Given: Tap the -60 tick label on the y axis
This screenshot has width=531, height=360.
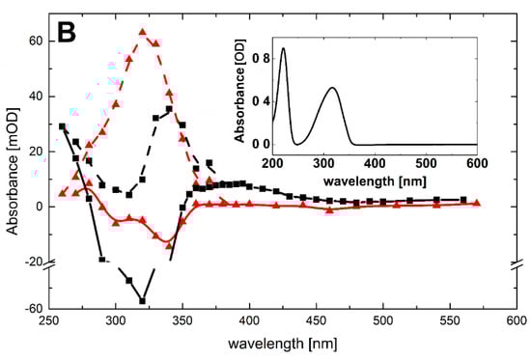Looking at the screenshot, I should coord(32,309).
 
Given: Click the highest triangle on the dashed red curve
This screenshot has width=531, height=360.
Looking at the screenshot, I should coord(142,32).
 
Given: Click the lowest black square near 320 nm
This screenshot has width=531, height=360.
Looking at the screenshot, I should coord(143,301).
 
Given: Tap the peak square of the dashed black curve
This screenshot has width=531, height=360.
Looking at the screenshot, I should coord(169,110).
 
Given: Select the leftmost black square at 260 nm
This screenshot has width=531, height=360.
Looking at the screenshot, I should coord(63,126).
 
